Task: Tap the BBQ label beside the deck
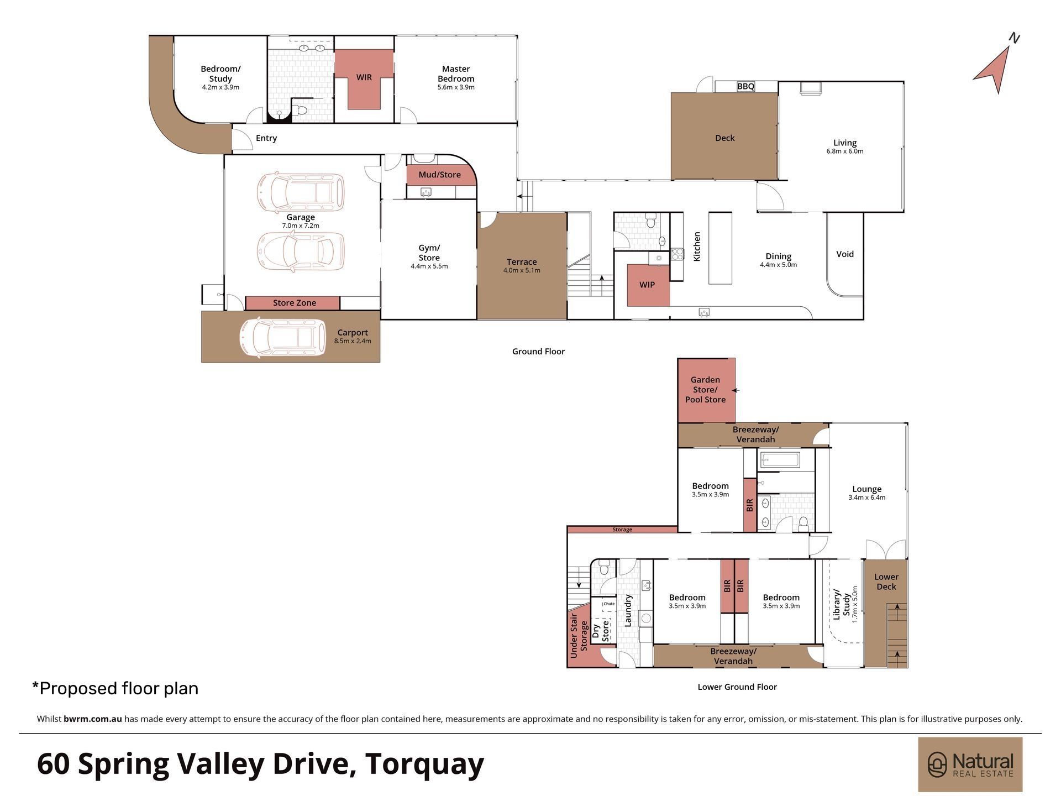(x=745, y=86)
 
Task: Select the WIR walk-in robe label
(x=364, y=77)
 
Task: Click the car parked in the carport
(x=282, y=337)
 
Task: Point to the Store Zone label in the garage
(x=295, y=303)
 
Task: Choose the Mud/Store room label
(x=439, y=175)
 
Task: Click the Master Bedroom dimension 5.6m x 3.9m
(x=456, y=87)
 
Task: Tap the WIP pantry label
(x=647, y=285)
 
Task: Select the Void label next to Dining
(x=845, y=254)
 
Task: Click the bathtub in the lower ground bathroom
(x=780, y=460)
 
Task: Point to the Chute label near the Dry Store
(x=609, y=604)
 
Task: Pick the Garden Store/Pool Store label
(x=705, y=390)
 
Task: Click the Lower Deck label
(x=886, y=582)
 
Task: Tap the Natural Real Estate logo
(x=970, y=764)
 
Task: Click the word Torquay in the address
(x=424, y=763)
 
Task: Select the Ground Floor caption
(x=538, y=352)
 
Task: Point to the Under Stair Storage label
(x=579, y=635)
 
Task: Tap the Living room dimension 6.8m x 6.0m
(x=844, y=151)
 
